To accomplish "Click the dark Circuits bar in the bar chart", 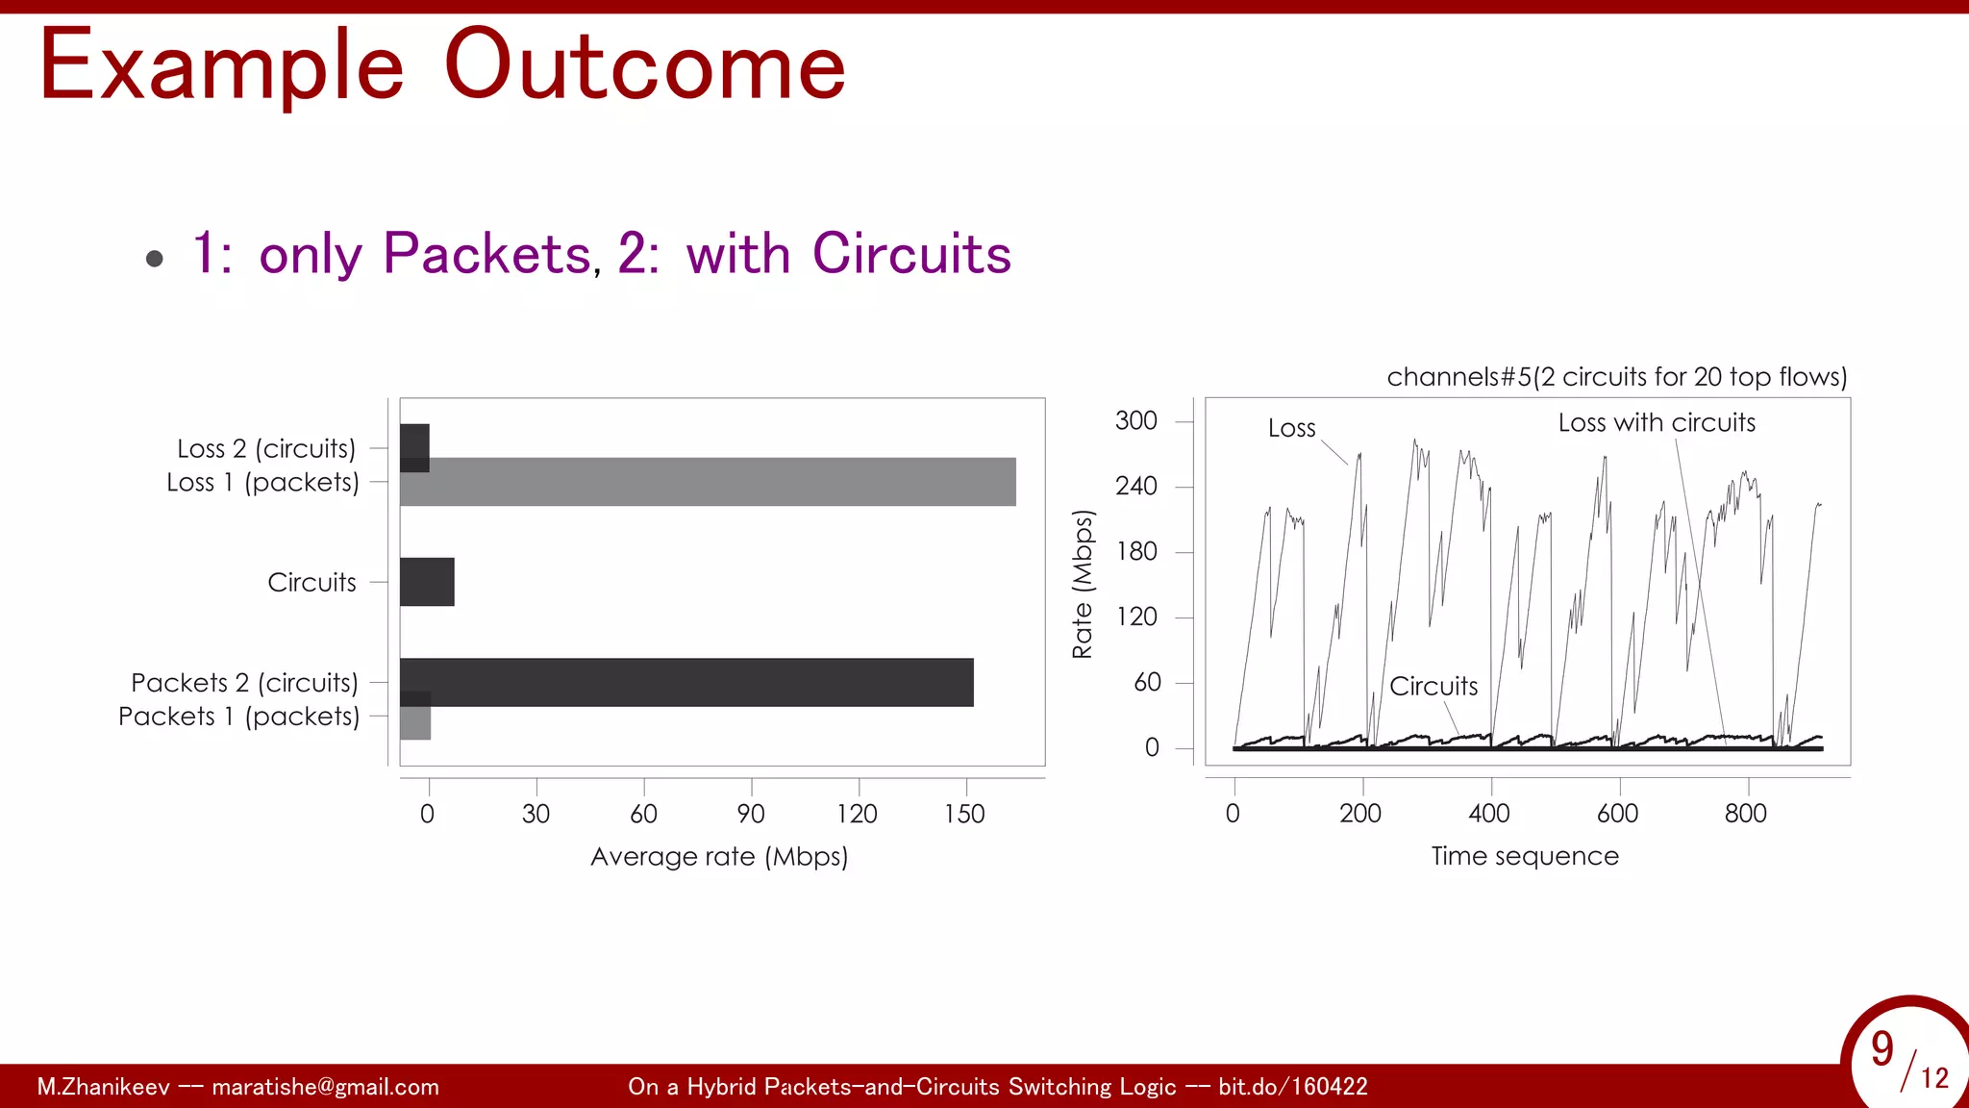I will point(427,582).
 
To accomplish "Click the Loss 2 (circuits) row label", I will point(266,449).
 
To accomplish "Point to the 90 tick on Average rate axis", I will point(751,814).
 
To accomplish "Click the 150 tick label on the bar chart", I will point(964,814).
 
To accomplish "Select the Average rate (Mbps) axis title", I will point(719,856).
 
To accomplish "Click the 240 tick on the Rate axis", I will point(1136,486).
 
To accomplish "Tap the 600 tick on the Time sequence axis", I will point(1617,814).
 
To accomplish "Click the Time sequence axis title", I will point(1525,856).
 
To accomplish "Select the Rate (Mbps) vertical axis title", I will point(1083,584).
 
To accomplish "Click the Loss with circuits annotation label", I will point(1657,422).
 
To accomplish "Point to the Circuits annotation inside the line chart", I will point(1433,686).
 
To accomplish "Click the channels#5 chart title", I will point(1617,376).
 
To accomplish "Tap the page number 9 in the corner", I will point(1882,1049).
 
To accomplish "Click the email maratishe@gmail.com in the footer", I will point(325,1087).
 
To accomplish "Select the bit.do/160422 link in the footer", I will point(1292,1087).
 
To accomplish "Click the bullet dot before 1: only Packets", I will point(155,258).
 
